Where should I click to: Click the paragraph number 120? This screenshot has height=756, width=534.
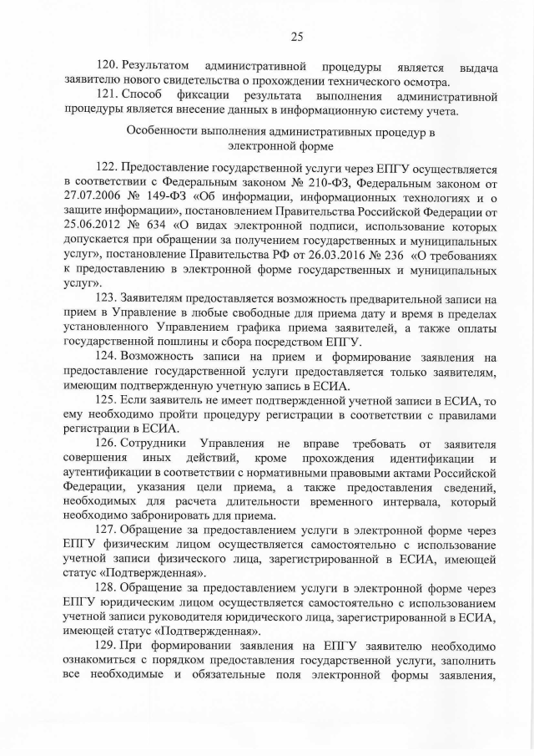click(108, 66)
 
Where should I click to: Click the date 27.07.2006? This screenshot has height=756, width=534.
click(93, 198)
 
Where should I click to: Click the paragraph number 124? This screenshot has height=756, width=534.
click(108, 358)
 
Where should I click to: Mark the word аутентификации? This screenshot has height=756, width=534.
click(109, 473)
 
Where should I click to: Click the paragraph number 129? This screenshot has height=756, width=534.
click(108, 647)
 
